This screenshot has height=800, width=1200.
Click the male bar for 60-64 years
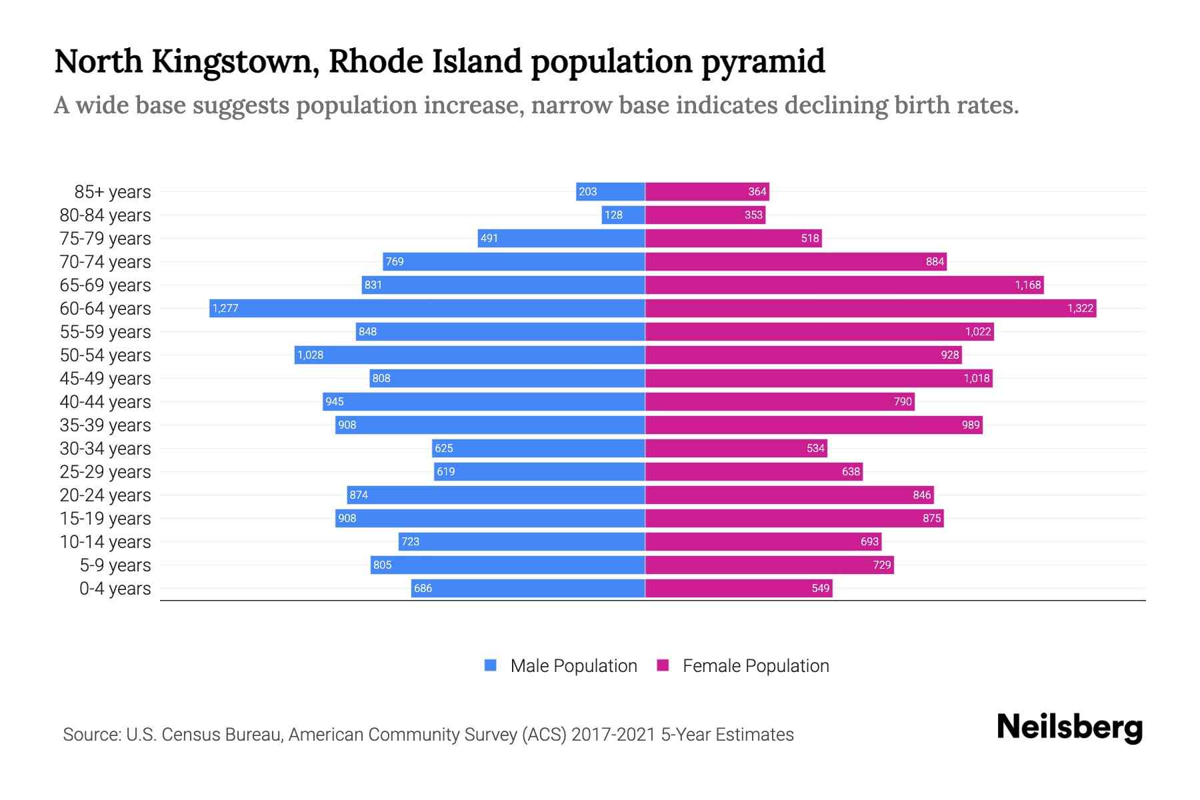[x=427, y=308]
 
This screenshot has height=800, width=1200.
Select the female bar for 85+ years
[x=707, y=191]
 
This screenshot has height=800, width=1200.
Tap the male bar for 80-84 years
[x=623, y=215]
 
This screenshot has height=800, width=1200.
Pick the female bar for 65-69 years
[x=844, y=285]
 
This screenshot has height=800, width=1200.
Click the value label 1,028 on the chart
[x=310, y=355]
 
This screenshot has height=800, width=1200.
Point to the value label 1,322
[x=1080, y=308]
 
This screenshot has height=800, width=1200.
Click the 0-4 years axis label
[x=115, y=588]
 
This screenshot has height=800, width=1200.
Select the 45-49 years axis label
[x=105, y=378]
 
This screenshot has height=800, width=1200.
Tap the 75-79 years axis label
[x=105, y=238]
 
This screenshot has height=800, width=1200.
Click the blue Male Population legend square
[x=491, y=665]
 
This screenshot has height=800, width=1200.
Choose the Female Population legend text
[x=755, y=665]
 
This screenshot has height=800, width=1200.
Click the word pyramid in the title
[x=763, y=61]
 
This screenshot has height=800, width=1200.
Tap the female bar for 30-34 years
[x=736, y=448]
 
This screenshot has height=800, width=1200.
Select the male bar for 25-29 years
[x=540, y=471]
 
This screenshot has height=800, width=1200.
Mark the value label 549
[x=821, y=588]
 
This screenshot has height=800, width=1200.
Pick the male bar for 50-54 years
[x=469, y=355]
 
